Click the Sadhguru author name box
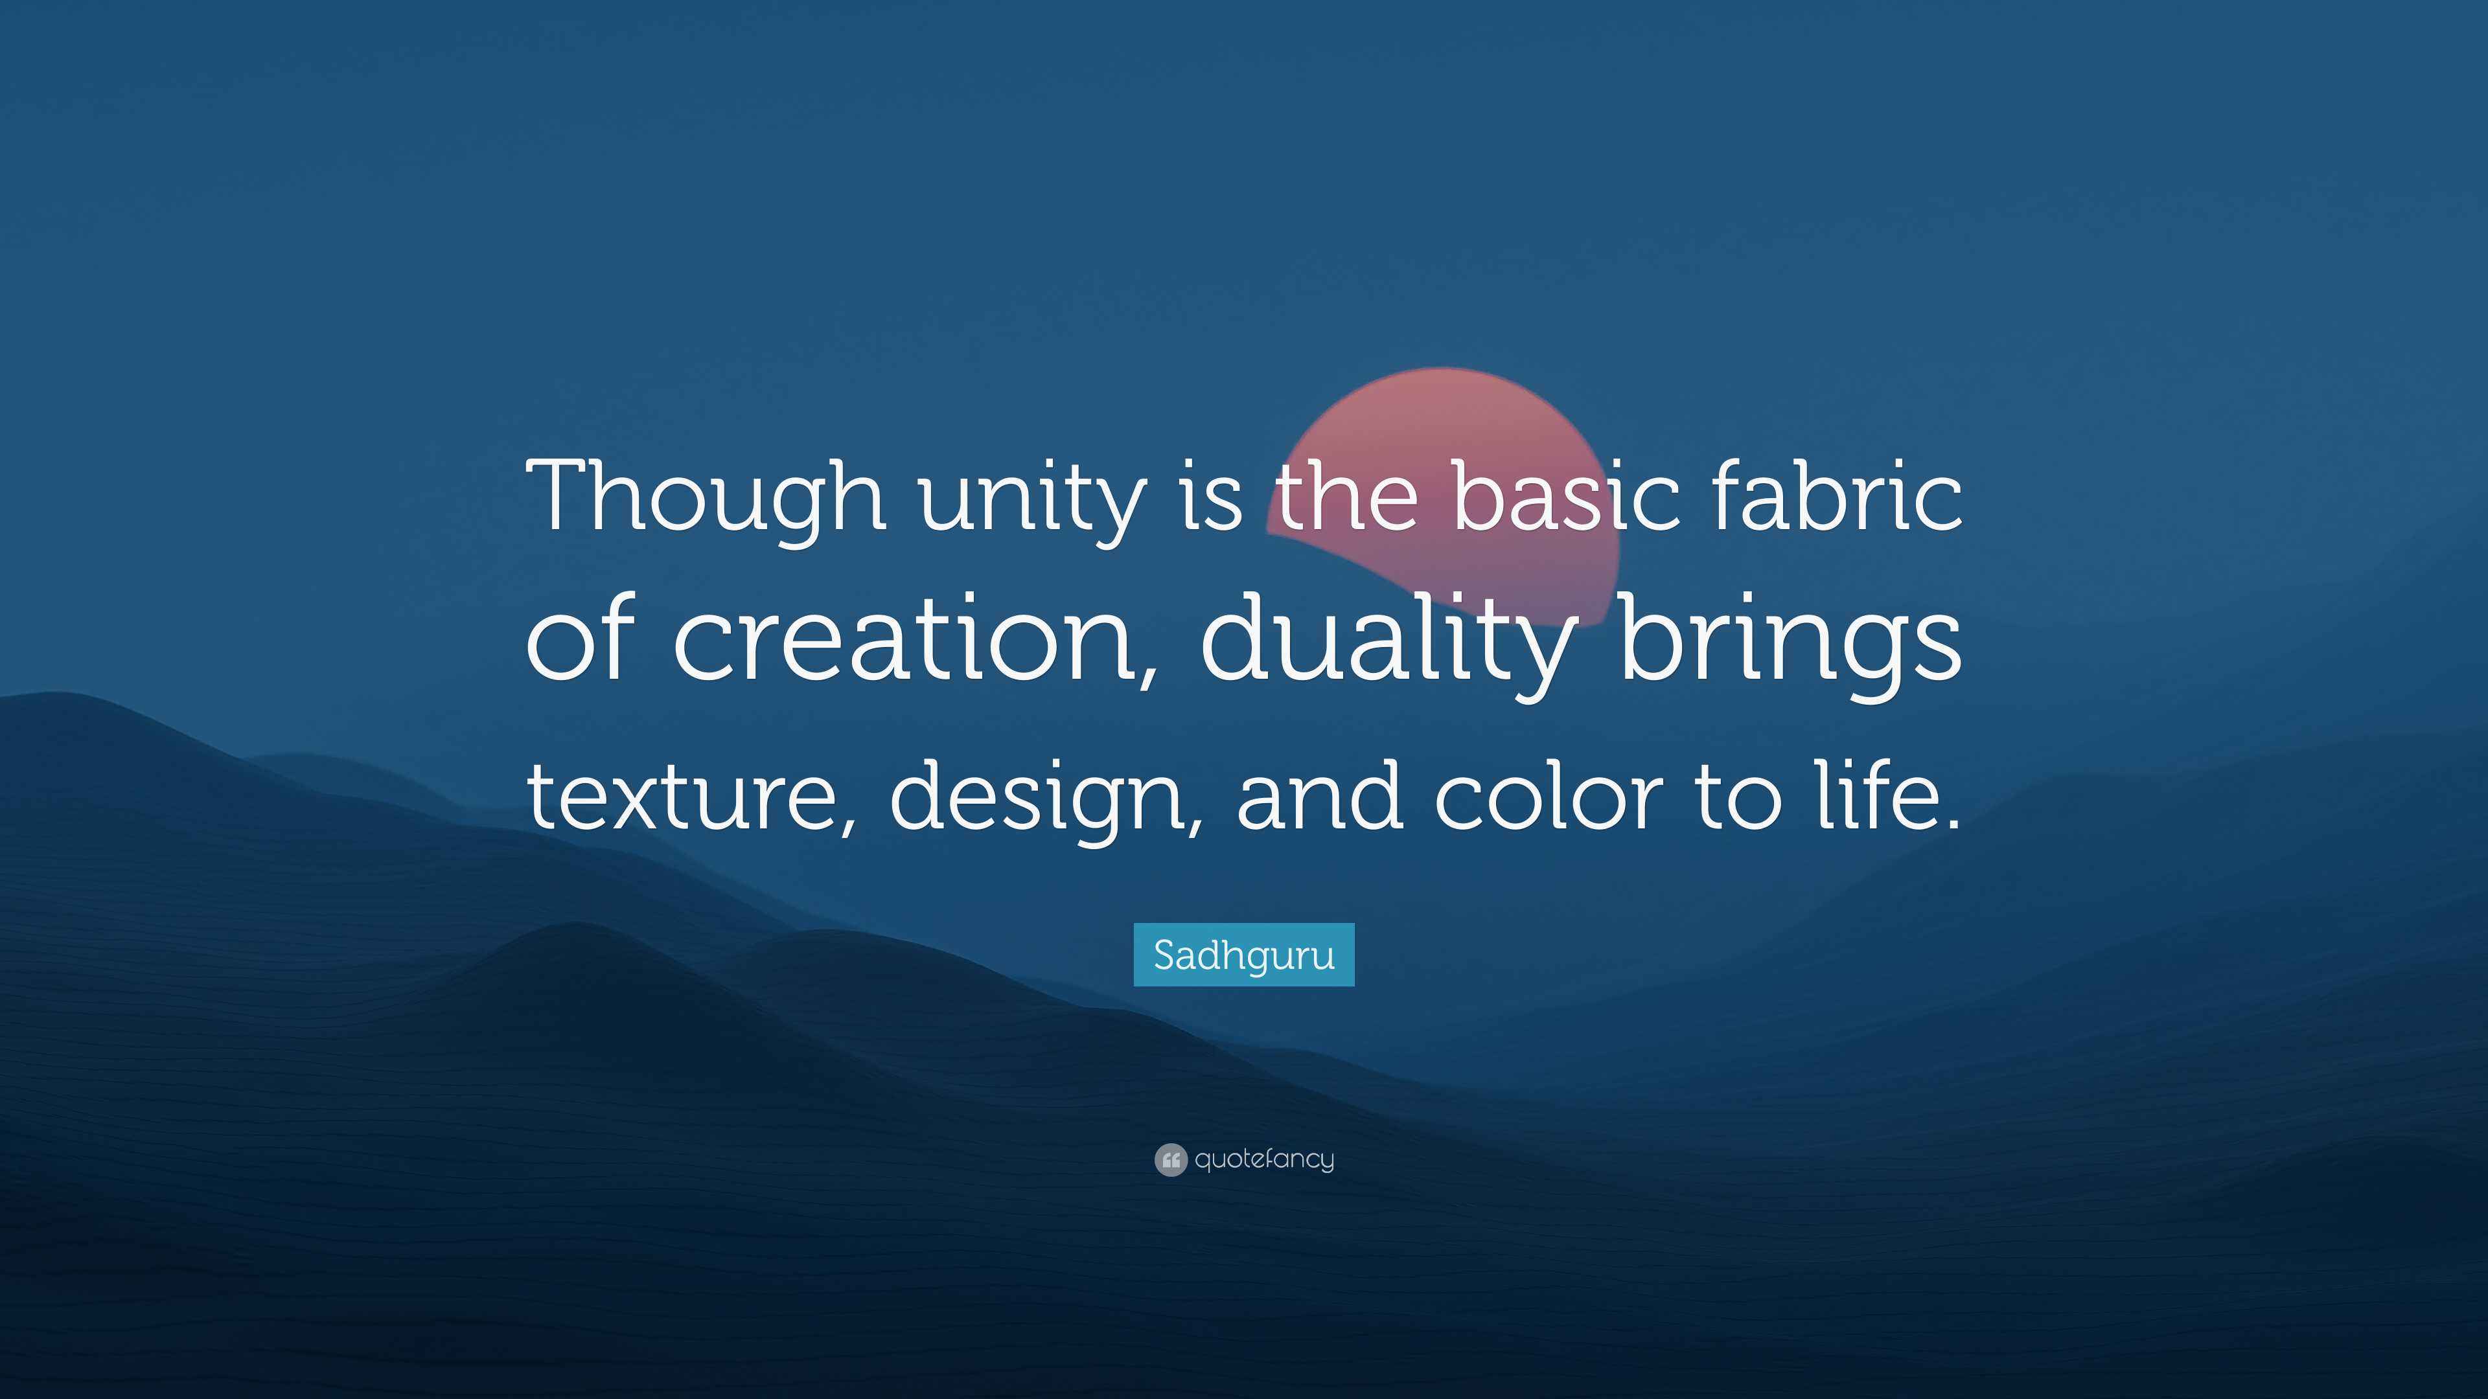click(1244, 955)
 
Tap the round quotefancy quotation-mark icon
click(1169, 1159)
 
